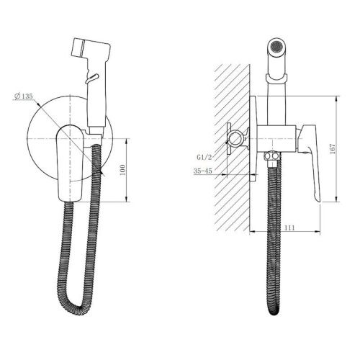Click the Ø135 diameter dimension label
(24, 96)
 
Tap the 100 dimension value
(122, 170)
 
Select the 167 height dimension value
(333, 149)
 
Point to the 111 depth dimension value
(289, 228)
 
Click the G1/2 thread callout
(204, 158)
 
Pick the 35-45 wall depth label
(203, 171)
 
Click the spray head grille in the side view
(276, 45)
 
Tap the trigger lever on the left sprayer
(91, 78)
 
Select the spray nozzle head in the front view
(91, 48)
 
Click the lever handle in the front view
(70, 163)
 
